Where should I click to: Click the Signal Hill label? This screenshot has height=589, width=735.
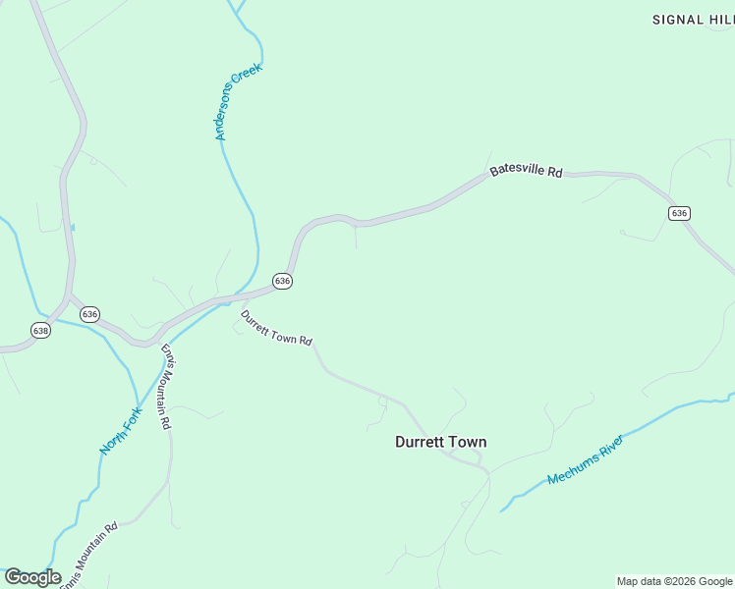(692, 20)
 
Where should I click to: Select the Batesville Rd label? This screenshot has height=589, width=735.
(526, 171)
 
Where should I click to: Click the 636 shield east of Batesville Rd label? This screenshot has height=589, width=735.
(679, 213)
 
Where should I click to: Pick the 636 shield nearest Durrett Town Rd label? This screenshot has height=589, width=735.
(283, 281)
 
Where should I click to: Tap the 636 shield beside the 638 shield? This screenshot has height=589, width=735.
(89, 314)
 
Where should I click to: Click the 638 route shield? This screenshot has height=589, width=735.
(40, 330)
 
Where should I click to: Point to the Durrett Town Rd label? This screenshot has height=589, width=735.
(276, 328)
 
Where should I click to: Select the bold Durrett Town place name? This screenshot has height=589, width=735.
(440, 442)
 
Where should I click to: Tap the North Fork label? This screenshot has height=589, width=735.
(121, 430)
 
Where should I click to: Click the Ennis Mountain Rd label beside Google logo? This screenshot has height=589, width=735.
(88, 556)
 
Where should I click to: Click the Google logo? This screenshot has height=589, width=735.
(32, 577)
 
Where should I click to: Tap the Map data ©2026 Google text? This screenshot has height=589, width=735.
(674, 581)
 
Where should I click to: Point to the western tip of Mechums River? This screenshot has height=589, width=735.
(502, 510)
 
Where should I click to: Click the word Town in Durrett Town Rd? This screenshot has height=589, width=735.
(285, 333)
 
